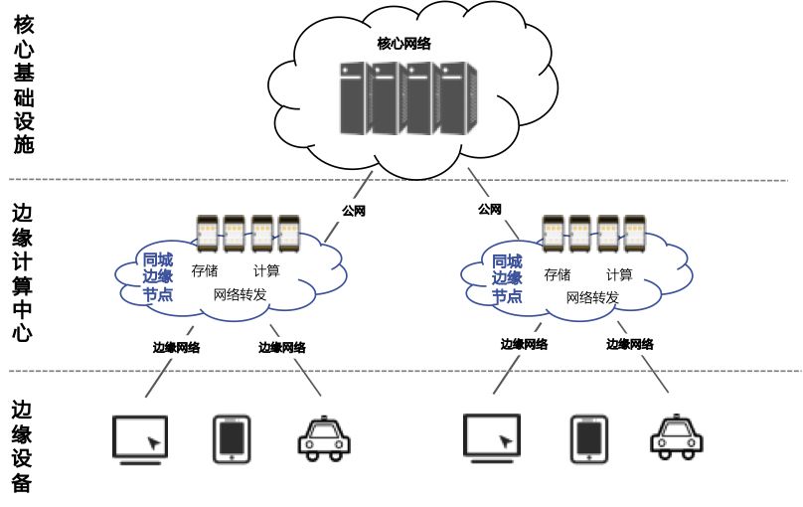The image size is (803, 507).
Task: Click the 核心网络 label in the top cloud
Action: point(403,44)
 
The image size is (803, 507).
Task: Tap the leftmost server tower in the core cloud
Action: point(355,98)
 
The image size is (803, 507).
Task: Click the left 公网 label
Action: point(354,211)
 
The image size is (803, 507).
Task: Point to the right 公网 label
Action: point(489,209)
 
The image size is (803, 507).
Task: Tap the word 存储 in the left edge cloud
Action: point(205,271)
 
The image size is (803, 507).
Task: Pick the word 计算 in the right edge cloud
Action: point(618,274)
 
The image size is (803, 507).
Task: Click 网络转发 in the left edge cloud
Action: point(240,294)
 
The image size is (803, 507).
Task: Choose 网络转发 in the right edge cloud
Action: point(592,297)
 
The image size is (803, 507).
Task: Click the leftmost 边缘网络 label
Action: point(176,347)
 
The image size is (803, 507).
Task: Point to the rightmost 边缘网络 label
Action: point(630,344)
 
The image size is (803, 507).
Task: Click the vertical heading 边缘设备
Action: point(23,446)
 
